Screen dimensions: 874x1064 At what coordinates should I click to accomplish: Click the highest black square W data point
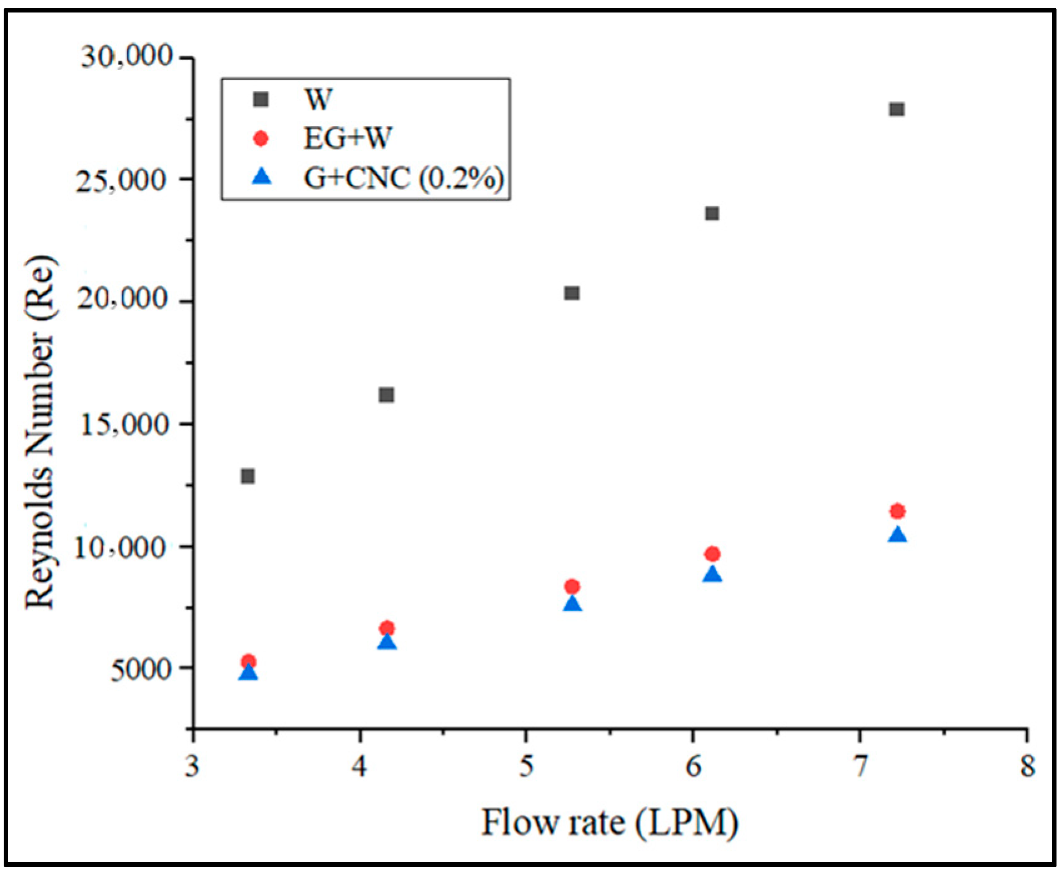click(897, 109)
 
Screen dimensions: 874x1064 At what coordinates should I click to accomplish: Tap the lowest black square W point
click(247, 476)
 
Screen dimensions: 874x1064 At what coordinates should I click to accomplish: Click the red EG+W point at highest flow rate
click(897, 511)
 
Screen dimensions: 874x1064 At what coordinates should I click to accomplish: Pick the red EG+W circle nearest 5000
click(248, 661)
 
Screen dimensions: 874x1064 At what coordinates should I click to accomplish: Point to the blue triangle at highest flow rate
click(898, 535)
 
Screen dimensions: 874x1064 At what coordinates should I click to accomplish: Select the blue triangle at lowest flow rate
click(248, 672)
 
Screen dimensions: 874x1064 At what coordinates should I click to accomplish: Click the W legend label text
click(318, 99)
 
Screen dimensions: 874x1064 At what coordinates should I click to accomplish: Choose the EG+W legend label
click(347, 138)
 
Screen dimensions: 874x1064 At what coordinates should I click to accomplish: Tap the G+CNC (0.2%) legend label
click(404, 178)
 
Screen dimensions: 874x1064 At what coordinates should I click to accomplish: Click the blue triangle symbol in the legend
click(262, 177)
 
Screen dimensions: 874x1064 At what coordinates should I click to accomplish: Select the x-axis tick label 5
click(527, 766)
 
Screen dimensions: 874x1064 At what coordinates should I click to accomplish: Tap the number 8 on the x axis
click(1027, 766)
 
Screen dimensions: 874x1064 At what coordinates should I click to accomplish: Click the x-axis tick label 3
click(192, 766)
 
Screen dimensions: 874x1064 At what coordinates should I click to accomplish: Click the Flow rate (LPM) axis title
click(609, 822)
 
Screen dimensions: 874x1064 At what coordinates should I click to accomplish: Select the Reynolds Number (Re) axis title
click(40, 432)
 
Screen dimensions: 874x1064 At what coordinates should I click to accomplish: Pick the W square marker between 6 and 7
click(712, 214)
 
